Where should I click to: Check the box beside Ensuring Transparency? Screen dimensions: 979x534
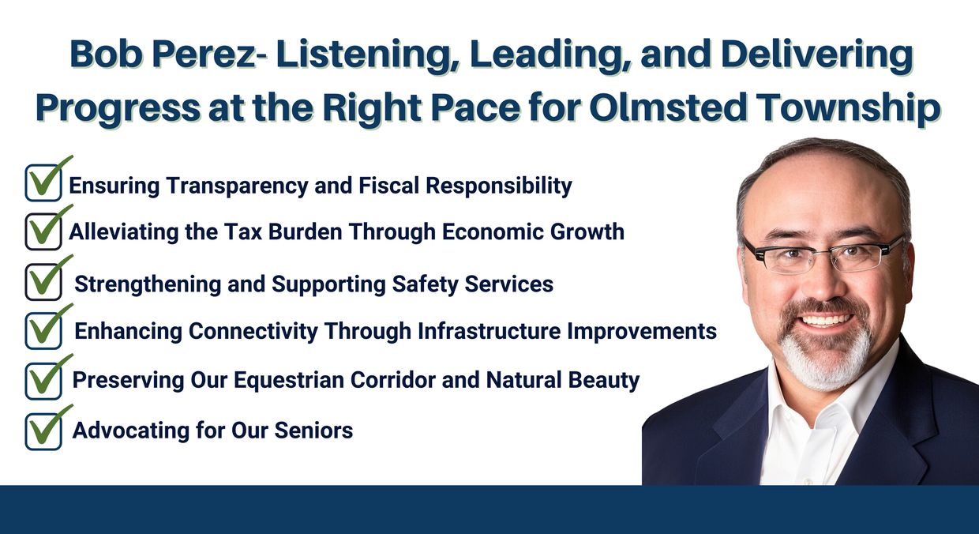tap(43, 182)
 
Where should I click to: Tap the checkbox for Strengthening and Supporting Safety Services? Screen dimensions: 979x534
tap(43, 282)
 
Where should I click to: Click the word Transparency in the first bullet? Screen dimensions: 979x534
tap(238, 186)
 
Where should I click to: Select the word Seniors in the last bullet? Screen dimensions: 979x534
tap(313, 431)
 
